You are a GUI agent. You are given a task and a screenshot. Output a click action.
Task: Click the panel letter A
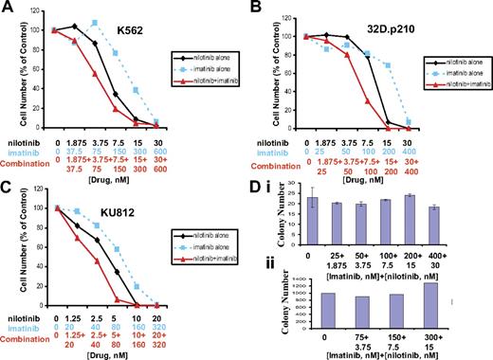tap(10, 9)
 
